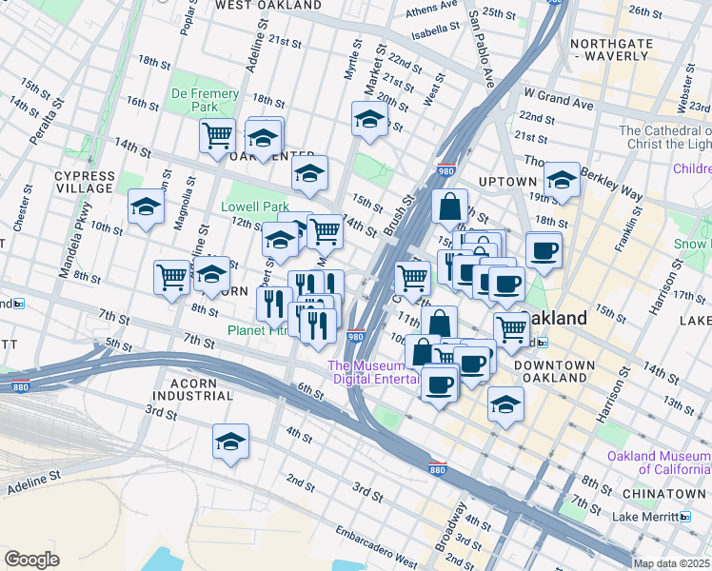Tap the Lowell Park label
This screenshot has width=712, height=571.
point(255,207)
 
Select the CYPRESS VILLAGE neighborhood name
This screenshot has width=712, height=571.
point(84,182)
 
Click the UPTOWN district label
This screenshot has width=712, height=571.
point(507,182)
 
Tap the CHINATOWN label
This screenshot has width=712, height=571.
point(663,494)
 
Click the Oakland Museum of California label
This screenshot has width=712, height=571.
point(657,463)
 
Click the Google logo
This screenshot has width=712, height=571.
point(31,560)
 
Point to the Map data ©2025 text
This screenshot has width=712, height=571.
point(671,563)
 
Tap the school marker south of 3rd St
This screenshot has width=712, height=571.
point(230,443)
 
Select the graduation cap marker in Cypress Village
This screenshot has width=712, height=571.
point(146,207)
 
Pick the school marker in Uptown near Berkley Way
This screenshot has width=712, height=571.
point(562,180)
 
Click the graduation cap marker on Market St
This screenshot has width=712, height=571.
point(368,121)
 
